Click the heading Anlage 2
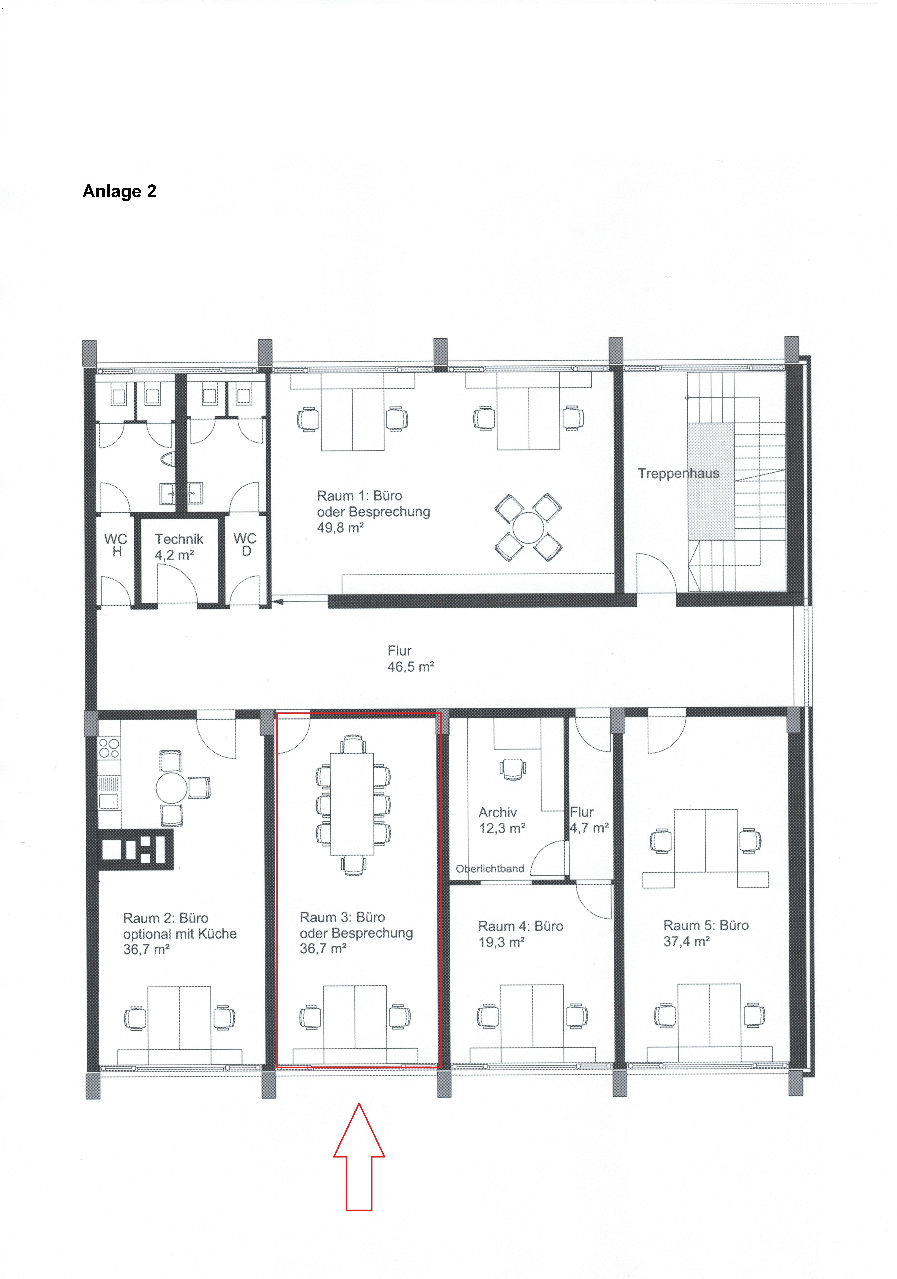click(x=119, y=191)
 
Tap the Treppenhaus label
click(x=678, y=474)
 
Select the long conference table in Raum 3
click(x=352, y=804)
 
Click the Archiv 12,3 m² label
click(x=501, y=820)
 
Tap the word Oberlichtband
click(x=490, y=868)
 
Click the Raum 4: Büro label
click(x=520, y=926)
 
